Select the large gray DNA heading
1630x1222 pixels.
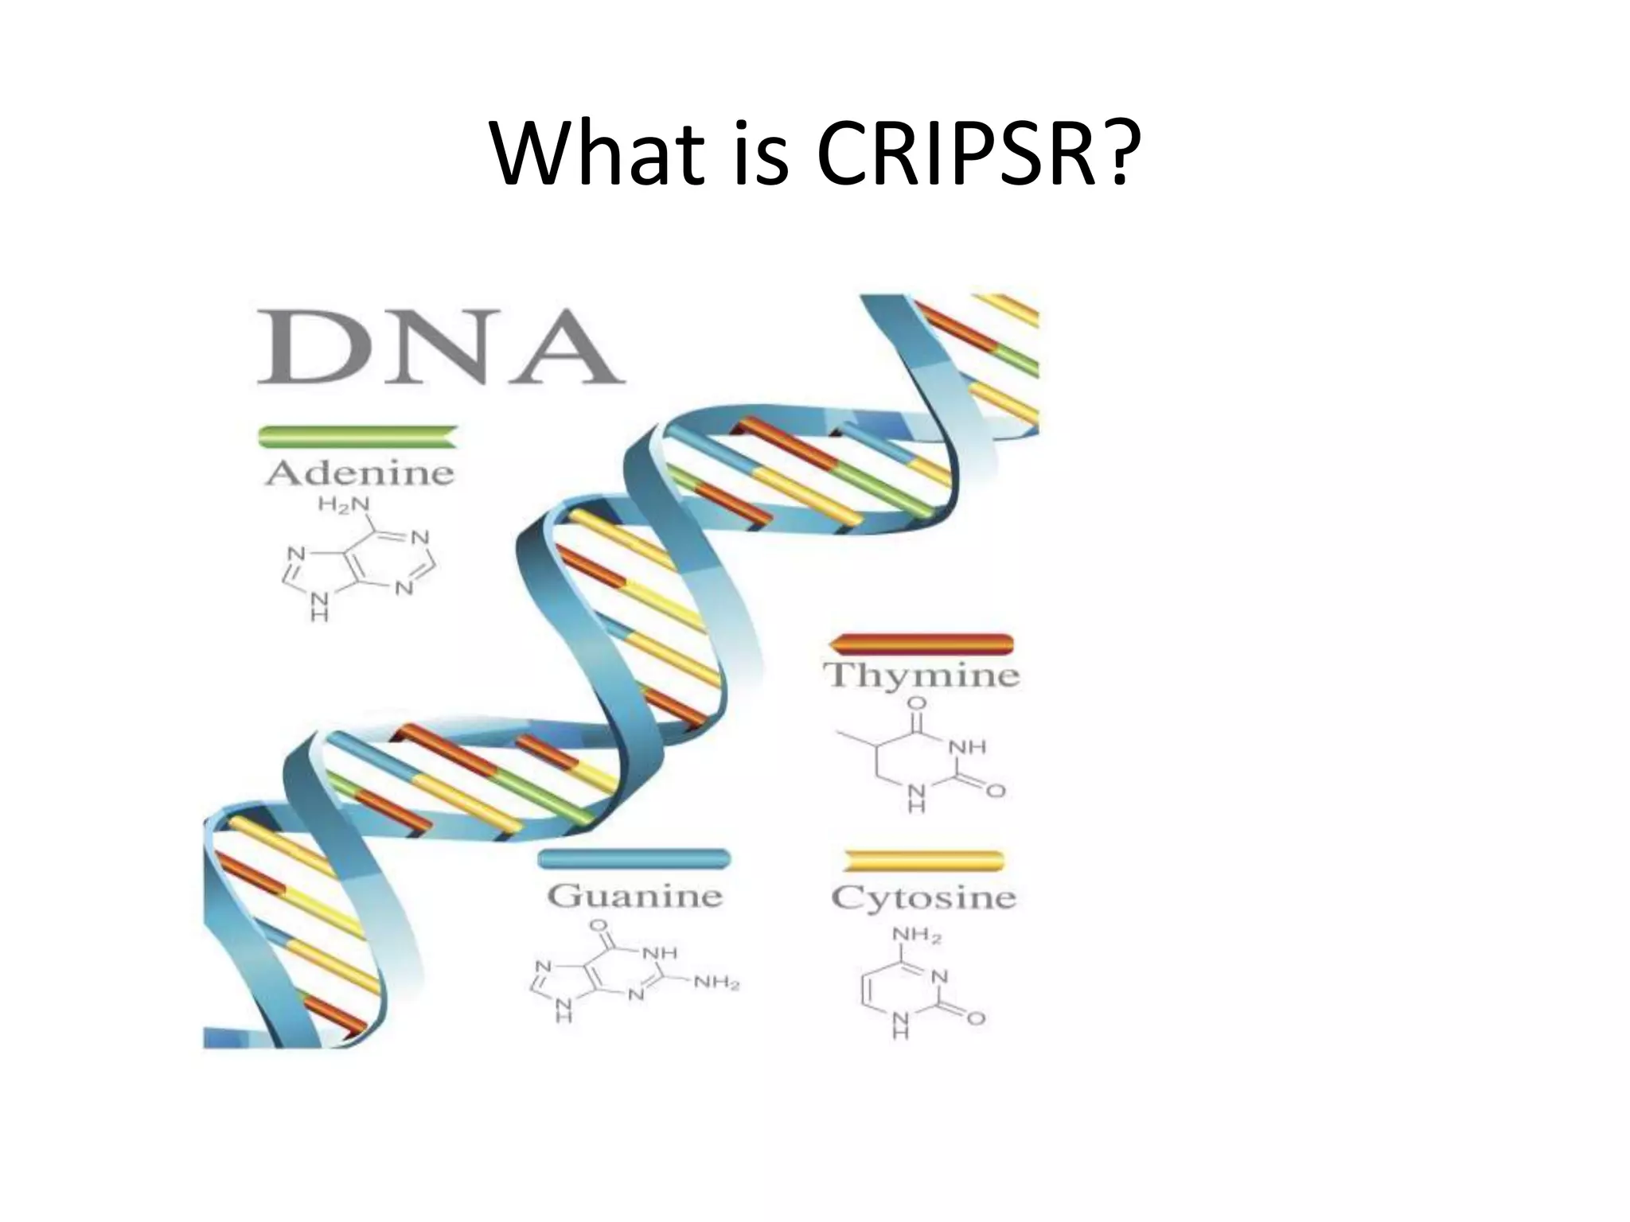point(440,348)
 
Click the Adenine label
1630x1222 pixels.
point(359,474)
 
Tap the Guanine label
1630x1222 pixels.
point(634,897)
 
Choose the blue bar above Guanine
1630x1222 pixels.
point(634,859)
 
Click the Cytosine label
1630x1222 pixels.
point(923,898)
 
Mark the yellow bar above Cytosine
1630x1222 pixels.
point(923,861)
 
